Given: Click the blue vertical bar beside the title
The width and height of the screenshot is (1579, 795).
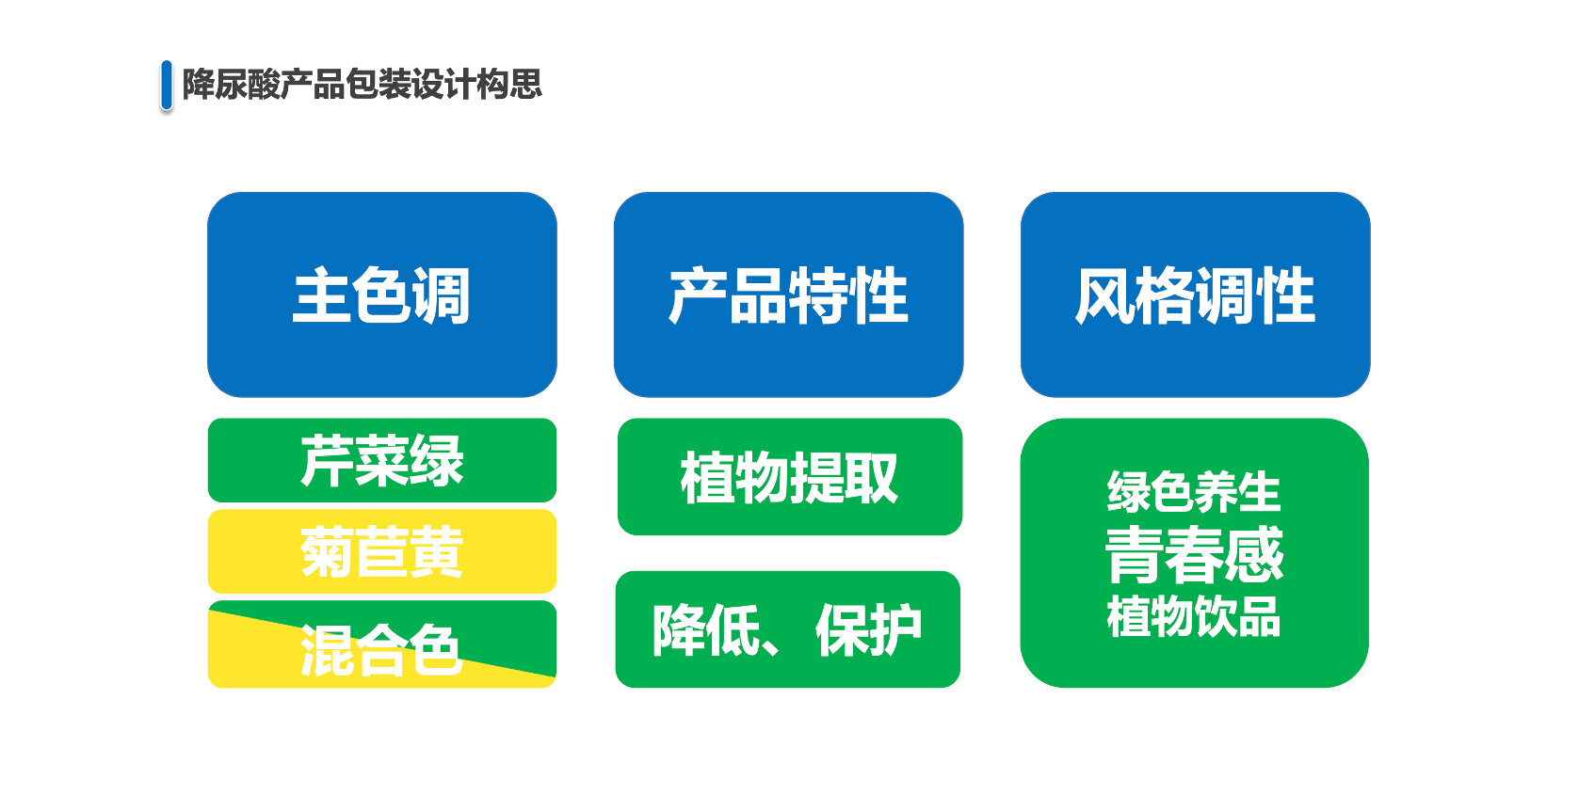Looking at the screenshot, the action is pyautogui.click(x=167, y=86).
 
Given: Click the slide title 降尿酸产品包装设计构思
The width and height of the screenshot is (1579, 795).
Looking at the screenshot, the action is pyautogui.click(x=363, y=85).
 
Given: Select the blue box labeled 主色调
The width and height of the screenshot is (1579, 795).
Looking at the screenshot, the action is pyautogui.click(x=382, y=294).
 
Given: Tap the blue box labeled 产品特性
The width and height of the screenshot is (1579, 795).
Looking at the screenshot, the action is pyautogui.click(x=789, y=294).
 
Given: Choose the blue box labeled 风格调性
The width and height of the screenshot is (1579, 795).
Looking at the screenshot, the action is pyautogui.click(x=1196, y=294).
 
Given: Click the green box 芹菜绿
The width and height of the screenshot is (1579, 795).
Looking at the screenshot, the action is pyautogui.click(x=382, y=460).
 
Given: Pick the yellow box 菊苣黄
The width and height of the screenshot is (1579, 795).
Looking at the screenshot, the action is pyautogui.click(x=382, y=551).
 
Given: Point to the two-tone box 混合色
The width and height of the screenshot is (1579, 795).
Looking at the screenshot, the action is pyautogui.click(x=382, y=644).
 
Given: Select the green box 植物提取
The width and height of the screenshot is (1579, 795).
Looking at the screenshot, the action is pyautogui.click(x=789, y=477).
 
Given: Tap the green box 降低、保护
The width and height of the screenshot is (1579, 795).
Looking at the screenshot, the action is pyautogui.click(x=788, y=629).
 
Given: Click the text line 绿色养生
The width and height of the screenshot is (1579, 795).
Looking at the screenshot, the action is pyautogui.click(x=1193, y=491).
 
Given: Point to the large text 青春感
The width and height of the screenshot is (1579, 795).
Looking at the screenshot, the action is pyautogui.click(x=1194, y=555).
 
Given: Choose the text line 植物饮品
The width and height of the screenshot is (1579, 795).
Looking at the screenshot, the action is pyautogui.click(x=1193, y=616).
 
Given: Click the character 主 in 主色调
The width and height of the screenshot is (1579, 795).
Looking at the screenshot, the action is pyautogui.click(x=321, y=295).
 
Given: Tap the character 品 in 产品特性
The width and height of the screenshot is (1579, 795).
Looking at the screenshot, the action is pyautogui.click(x=759, y=295).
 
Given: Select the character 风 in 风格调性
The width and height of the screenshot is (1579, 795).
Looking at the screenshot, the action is pyautogui.click(x=1104, y=295).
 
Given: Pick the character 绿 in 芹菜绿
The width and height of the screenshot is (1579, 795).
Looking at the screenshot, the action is pyautogui.click(x=437, y=460).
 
